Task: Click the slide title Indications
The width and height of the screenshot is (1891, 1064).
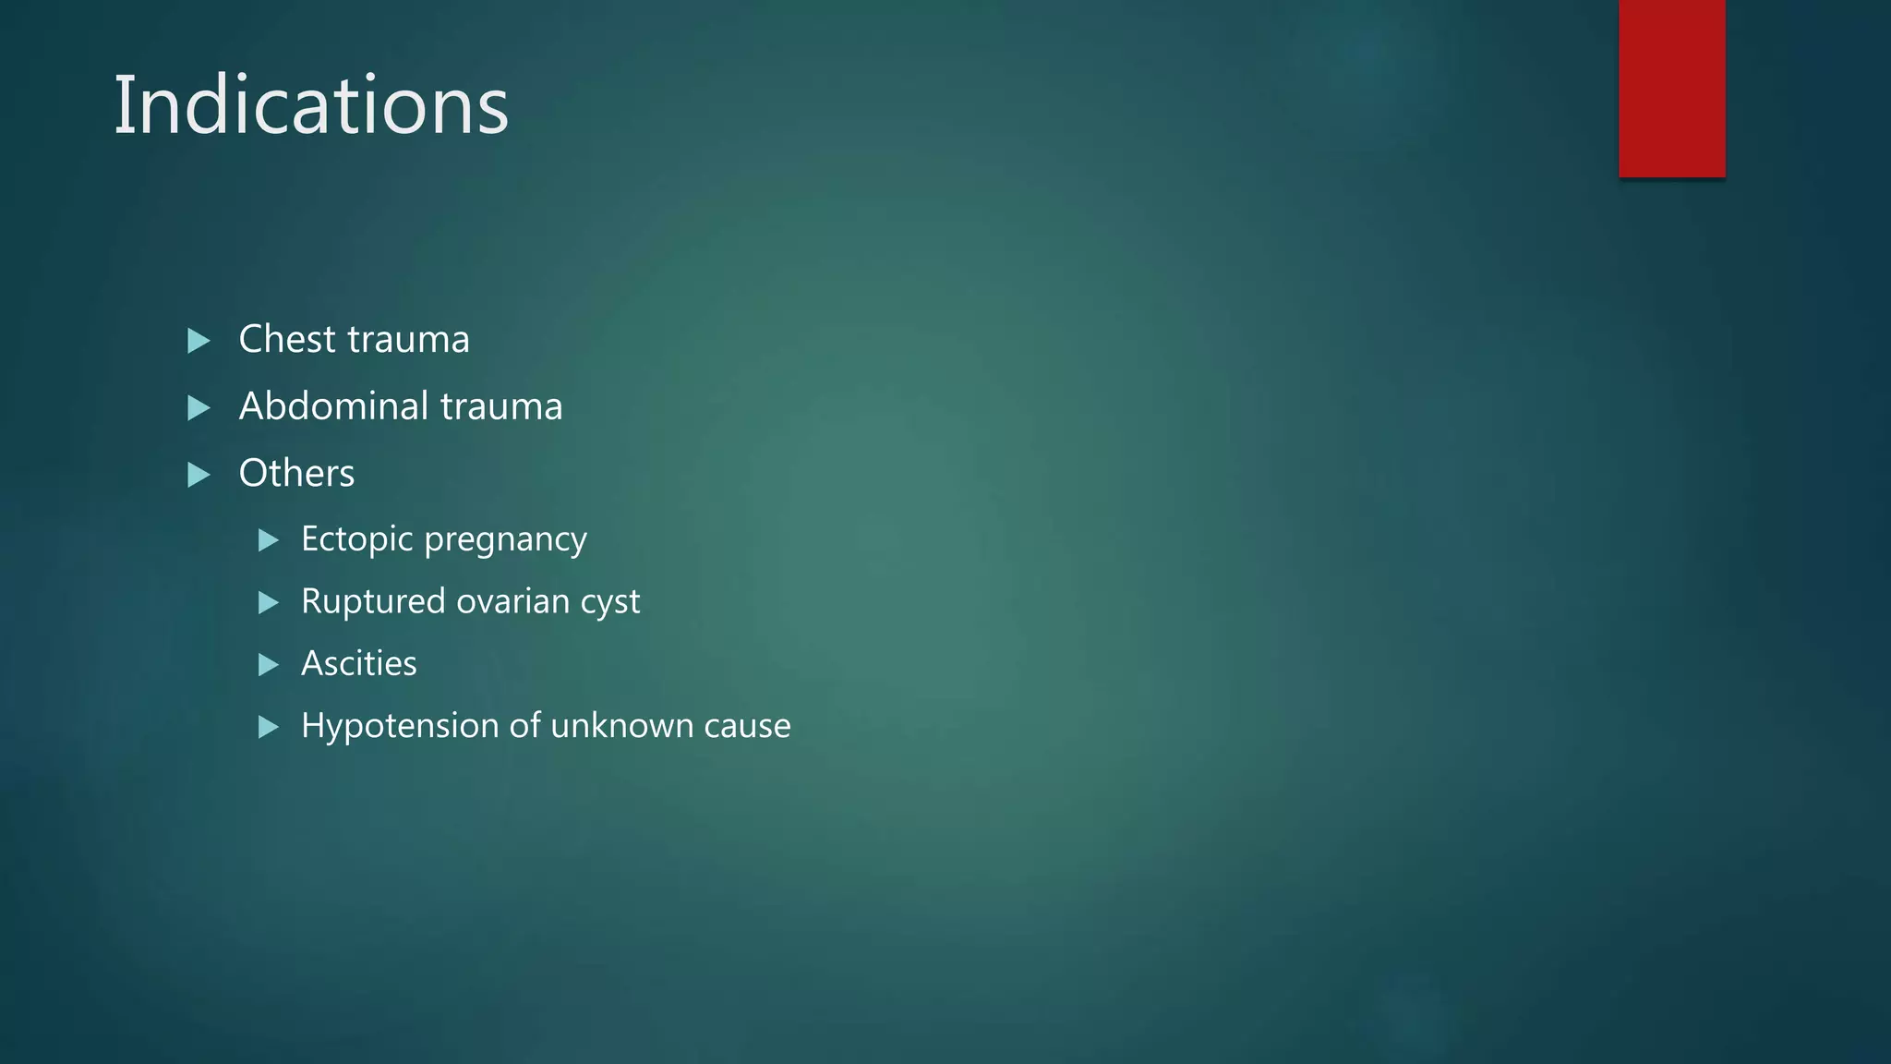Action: (310, 105)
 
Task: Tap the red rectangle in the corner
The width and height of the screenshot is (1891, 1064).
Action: (1671, 89)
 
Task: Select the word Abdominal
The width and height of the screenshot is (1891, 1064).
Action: (333, 406)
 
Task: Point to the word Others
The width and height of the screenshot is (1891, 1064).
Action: (296, 473)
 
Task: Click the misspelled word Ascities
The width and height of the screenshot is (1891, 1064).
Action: (358, 663)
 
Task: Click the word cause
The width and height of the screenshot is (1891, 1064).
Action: (747, 727)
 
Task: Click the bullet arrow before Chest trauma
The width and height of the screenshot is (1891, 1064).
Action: (199, 341)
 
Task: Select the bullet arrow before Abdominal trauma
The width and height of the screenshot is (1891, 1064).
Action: (199, 408)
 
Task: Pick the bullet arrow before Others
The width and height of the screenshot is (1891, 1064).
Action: (199, 475)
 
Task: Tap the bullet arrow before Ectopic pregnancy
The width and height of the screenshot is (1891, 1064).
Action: (268, 540)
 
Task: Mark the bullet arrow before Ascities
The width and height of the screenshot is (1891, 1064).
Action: (268, 664)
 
